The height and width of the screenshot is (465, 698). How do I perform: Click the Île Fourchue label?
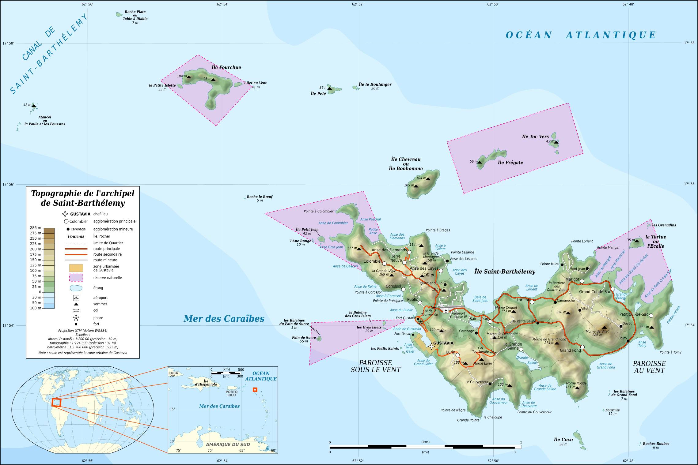(x=226, y=67)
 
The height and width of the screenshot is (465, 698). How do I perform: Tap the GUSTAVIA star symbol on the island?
(x=431, y=347)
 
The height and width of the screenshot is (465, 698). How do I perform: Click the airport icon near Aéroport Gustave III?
(x=446, y=311)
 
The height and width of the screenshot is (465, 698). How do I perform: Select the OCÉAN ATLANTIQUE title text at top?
(x=581, y=35)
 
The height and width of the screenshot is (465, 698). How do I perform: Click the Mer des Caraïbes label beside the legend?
(x=224, y=319)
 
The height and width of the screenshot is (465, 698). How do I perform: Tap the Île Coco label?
(x=563, y=440)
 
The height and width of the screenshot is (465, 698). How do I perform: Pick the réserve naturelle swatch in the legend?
(x=76, y=278)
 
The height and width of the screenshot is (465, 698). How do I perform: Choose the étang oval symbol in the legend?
(x=76, y=288)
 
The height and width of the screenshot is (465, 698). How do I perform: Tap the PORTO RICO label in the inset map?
(x=231, y=393)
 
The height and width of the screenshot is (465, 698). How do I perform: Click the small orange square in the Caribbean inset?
(x=255, y=390)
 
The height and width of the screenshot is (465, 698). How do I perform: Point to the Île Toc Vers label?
(x=535, y=137)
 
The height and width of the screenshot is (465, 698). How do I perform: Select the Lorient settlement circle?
(x=532, y=302)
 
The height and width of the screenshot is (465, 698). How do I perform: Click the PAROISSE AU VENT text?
(x=649, y=367)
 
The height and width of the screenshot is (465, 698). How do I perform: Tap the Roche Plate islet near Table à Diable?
(x=119, y=14)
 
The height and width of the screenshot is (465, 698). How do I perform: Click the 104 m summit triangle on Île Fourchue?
(x=189, y=77)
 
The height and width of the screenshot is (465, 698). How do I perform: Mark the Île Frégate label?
(x=510, y=163)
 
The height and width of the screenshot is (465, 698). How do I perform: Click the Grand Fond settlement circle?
(x=582, y=347)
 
